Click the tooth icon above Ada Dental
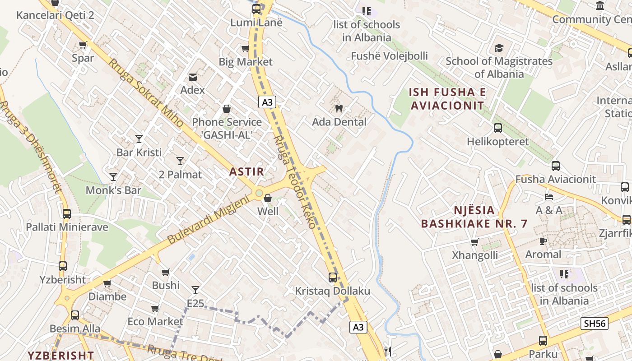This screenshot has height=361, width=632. pos(339,108)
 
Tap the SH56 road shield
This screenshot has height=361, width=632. pos(595,323)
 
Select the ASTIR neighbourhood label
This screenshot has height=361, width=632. pos(246,171)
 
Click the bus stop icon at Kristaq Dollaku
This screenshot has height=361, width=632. pos(333,277)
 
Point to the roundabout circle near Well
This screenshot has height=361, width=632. pos(259,193)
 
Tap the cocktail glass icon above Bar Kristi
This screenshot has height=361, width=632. pos(139,139)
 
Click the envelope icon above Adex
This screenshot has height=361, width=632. pos(193,77)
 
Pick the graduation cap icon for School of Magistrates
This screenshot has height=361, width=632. pos(499,48)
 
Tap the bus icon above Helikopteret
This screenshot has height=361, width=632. pos(498,128)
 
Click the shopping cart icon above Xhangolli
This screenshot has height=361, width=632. pos(474,242)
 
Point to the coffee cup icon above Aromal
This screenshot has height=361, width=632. pos(543,241)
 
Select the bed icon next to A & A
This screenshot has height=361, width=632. pos(549,197)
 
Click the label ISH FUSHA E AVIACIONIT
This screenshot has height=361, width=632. pos(447,99)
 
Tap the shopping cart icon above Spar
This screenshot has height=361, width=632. pos(83,45)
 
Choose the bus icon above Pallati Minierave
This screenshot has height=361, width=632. pos(67,213)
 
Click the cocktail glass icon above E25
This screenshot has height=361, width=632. pos(195,290)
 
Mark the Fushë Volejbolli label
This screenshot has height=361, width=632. pos(390,56)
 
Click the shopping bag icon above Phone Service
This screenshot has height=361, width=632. pos(227,109)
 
